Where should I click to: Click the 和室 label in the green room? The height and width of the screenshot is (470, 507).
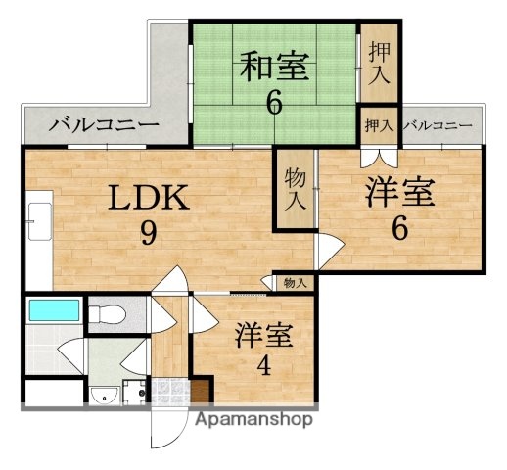tap(274, 67)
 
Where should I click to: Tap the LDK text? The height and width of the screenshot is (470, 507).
tap(147, 200)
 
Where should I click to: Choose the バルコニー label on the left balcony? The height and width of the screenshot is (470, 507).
tap(103, 125)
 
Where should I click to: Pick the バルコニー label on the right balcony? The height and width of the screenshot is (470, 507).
tap(438, 125)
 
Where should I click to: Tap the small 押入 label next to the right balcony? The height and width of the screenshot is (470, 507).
tap(379, 125)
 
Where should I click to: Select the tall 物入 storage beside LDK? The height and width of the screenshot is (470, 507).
tap(294, 188)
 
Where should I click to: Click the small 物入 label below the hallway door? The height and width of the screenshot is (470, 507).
tap(294, 283)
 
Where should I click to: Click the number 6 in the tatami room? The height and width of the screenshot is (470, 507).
tap(274, 101)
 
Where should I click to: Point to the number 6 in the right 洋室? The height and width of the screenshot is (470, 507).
tap(398, 227)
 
